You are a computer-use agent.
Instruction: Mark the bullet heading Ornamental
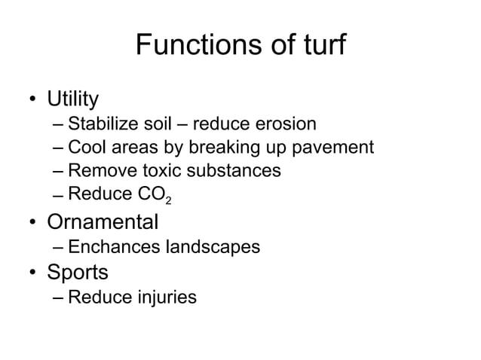103,222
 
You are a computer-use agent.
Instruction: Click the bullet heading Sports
78,271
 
